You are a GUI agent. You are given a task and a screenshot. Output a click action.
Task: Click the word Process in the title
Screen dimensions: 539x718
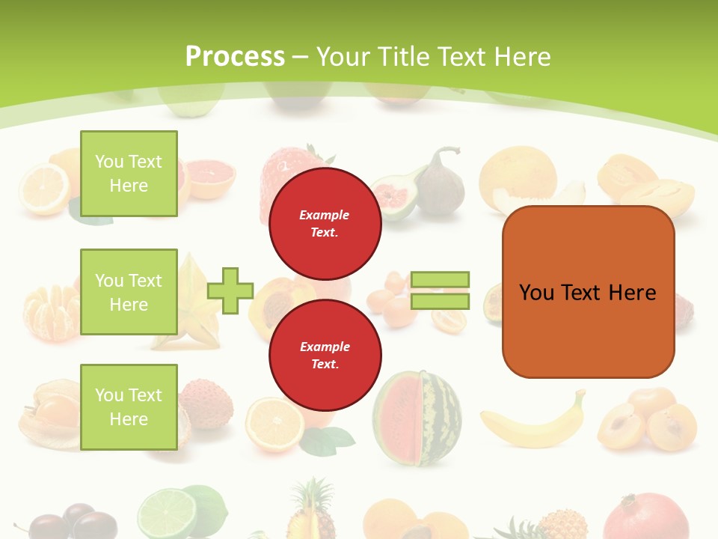(235, 56)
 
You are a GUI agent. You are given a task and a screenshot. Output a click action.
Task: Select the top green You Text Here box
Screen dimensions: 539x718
(129, 174)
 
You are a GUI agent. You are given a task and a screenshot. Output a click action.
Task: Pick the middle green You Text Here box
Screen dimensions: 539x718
(129, 292)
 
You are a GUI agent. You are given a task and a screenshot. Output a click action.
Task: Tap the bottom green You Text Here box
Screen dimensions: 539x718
(129, 406)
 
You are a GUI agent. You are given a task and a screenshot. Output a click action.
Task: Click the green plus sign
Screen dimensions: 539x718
(230, 290)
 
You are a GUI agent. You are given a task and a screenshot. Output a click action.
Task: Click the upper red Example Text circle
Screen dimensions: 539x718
(325, 223)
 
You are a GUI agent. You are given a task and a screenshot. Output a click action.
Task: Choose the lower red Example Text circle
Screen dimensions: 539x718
(325, 355)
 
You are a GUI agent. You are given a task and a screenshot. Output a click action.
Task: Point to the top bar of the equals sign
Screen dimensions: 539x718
(440, 280)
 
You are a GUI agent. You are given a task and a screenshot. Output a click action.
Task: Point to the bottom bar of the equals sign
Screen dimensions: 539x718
(440, 301)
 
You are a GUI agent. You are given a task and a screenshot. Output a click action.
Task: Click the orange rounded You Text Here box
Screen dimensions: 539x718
(588, 291)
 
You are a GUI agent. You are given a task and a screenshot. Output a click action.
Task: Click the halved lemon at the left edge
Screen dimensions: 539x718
(44, 189)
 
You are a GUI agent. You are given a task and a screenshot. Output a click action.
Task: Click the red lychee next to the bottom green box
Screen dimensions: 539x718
(206, 404)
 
